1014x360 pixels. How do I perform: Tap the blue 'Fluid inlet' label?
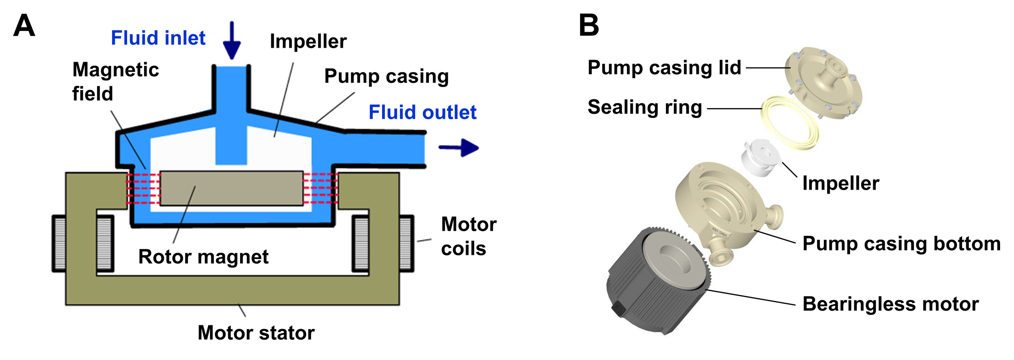click(158, 38)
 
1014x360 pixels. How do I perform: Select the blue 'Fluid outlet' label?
click(422, 112)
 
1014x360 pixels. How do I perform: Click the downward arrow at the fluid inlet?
click(232, 41)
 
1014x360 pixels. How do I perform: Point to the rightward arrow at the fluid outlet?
click(459, 147)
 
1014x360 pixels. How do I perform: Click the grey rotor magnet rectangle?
click(232, 188)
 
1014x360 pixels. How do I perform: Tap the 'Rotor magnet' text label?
click(203, 257)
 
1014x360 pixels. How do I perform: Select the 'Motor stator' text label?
click(256, 333)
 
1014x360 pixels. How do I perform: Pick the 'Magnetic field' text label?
click(115, 82)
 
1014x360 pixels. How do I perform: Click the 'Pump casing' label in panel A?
click(386, 76)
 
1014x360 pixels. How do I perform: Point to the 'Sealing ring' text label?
click(645, 107)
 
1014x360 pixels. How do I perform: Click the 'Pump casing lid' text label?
click(664, 68)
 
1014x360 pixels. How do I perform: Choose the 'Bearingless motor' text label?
click(891, 304)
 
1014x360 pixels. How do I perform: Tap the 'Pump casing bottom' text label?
click(901, 244)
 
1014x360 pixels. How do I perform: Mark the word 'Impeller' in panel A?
click(308, 41)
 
